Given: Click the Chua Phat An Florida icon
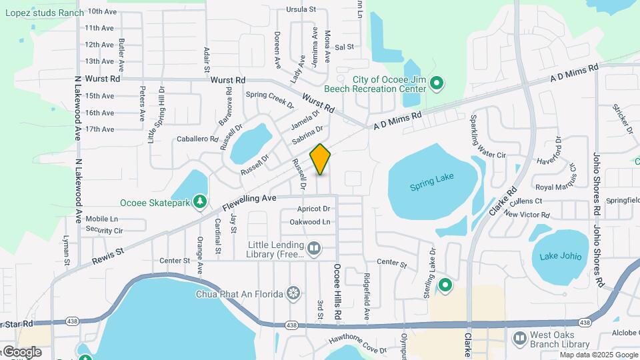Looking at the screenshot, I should tap(293, 293).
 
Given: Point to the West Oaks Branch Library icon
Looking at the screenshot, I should tap(519, 339).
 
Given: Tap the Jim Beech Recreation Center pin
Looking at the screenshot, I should tap(437, 83).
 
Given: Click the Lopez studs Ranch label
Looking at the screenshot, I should tap(44, 13).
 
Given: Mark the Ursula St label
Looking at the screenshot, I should tap(301, 9).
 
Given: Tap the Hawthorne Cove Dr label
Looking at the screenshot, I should tap(357, 345).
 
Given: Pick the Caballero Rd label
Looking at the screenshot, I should tap(197, 139).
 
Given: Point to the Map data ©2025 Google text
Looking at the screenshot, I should tap(598, 354).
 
